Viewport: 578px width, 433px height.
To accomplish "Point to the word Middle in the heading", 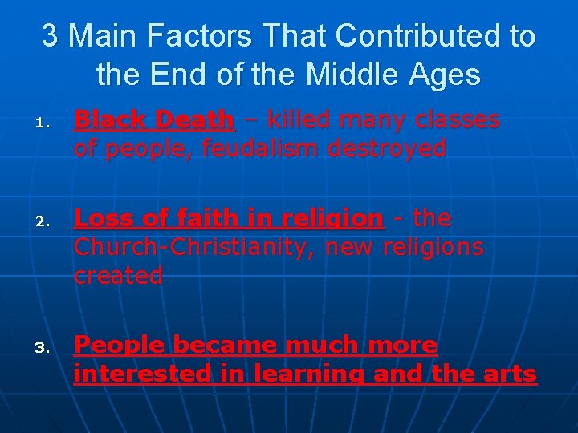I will (x=344, y=75).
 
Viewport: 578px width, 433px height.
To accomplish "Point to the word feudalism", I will (x=246, y=148).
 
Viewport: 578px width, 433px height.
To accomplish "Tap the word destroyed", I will (x=381, y=148).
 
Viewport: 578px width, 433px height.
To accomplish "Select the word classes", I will (x=454, y=120).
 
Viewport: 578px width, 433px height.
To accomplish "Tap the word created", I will (x=117, y=275).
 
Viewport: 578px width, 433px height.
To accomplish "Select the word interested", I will (x=140, y=374).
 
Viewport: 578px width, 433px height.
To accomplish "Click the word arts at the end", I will (x=511, y=374).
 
